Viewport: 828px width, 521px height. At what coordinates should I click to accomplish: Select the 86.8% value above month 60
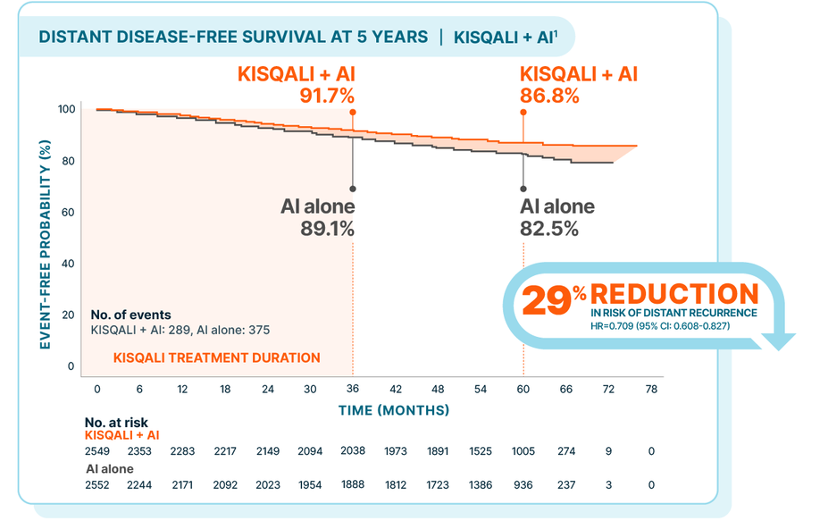click(x=549, y=96)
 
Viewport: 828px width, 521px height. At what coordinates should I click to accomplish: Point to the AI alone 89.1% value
click(x=327, y=228)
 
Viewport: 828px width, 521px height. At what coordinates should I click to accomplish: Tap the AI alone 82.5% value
click(x=548, y=228)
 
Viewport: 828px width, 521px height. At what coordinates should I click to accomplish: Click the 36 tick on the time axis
click(x=352, y=389)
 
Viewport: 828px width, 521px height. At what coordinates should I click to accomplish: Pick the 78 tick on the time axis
click(x=651, y=389)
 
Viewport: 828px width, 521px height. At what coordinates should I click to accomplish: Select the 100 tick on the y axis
click(x=66, y=109)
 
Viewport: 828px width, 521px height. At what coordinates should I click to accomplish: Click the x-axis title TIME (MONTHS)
click(x=393, y=410)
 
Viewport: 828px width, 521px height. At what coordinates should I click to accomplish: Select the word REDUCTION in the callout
click(x=674, y=294)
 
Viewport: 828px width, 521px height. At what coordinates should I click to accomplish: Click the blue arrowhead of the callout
click(x=780, y=339)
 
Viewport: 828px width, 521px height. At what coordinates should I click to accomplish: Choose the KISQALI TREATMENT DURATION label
click(x=216, y=357)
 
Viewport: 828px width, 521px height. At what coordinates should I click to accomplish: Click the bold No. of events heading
click(x=130, y=315)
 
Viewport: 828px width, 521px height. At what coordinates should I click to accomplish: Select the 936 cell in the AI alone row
click(x=523, y=484)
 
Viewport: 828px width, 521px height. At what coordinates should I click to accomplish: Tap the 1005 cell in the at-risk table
click(x=523, y=451)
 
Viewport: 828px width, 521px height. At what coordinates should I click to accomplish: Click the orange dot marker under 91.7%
click(x=353, y=113)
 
